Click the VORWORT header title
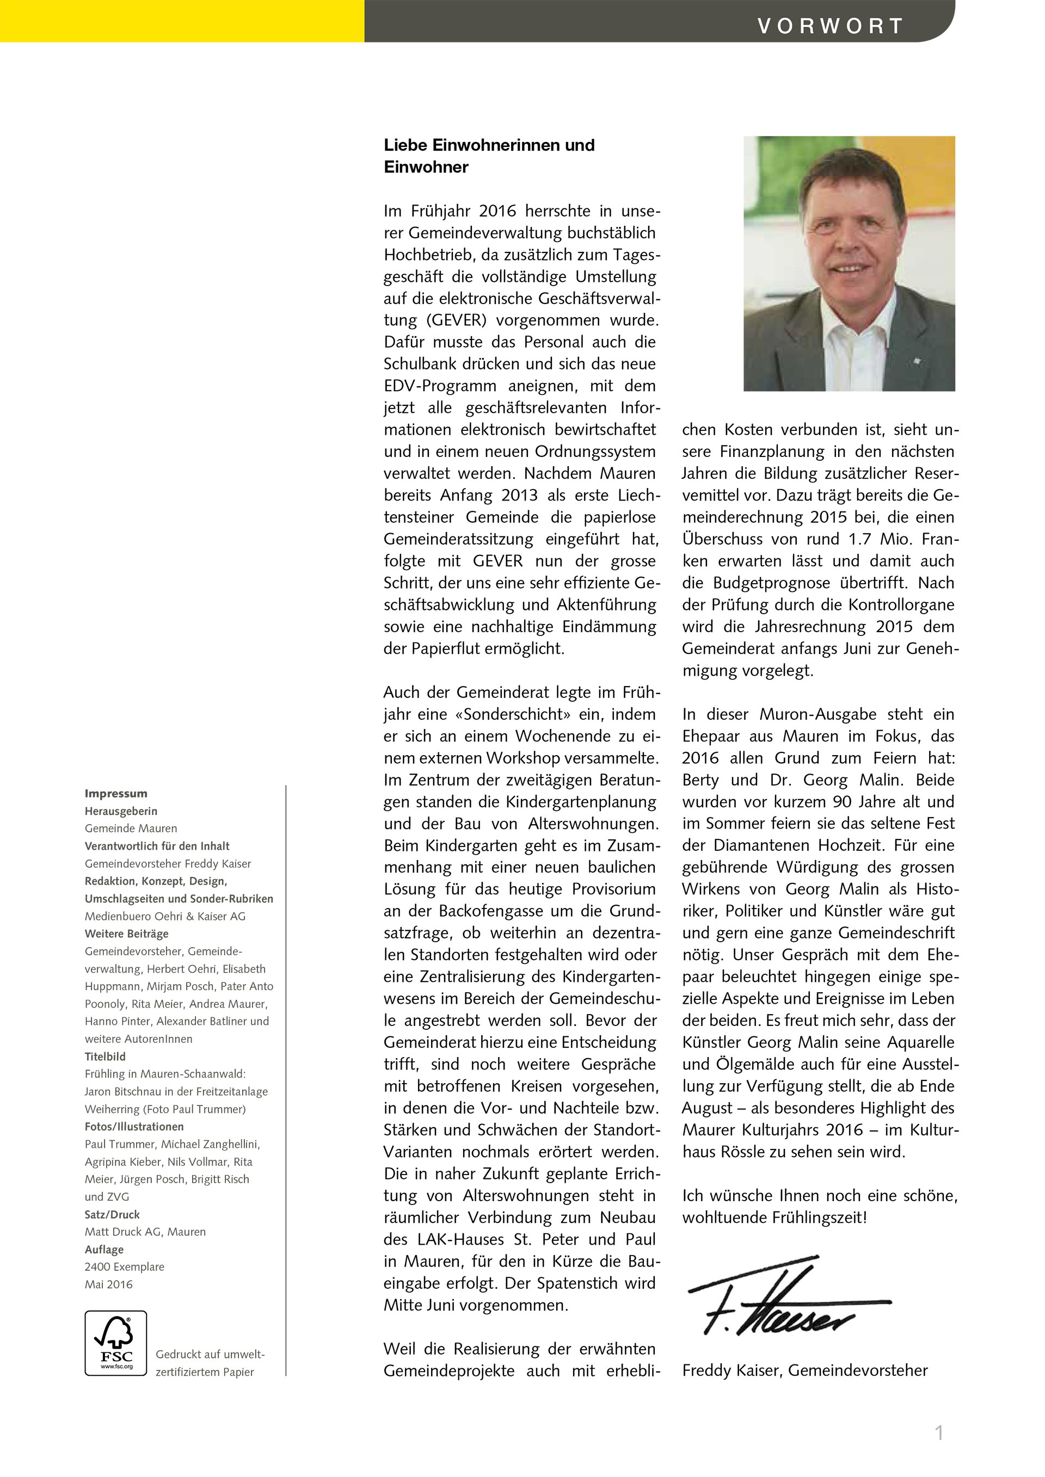pyautogui.click(x=830, y=26)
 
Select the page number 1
pyautogui.click(x=939, y=1432)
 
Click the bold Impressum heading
pyautogui.click(x=116, y=794)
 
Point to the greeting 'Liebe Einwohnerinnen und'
pyautogui.click(x=489, y=145)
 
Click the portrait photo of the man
pyautogui.click(x=849, y=263)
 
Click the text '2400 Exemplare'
pyautogui.click(x=124, y=1266)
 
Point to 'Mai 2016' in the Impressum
pyautogui.click(x=109, y=1284)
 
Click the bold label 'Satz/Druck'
pyautogui.click(x=112, y=1215)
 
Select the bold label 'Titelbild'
pyautogui.click(x=105, y=1056)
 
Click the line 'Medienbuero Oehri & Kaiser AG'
pyautogui.click(x=165, y=916)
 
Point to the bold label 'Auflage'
pyautogui.click(x=104, y=1249)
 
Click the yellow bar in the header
pyautogui.click(x=182, y=21)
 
